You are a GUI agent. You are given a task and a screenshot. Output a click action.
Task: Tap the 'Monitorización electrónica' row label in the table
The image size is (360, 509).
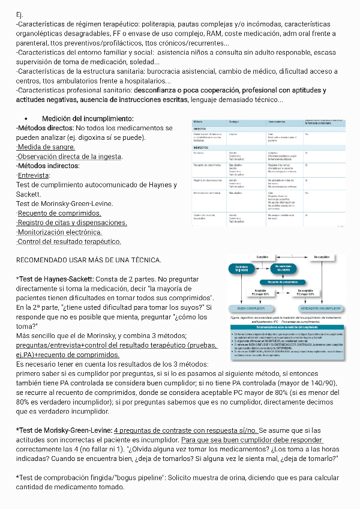click(208, 193)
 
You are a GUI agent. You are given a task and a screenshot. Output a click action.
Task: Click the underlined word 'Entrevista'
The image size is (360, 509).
click(34, 175)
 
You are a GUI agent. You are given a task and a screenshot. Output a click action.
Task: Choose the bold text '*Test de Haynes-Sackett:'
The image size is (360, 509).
click(55, 279)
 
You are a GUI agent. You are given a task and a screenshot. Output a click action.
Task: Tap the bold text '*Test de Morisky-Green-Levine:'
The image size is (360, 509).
click(64, 430)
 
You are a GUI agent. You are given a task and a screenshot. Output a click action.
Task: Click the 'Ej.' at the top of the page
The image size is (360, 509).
click(20, 14)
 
